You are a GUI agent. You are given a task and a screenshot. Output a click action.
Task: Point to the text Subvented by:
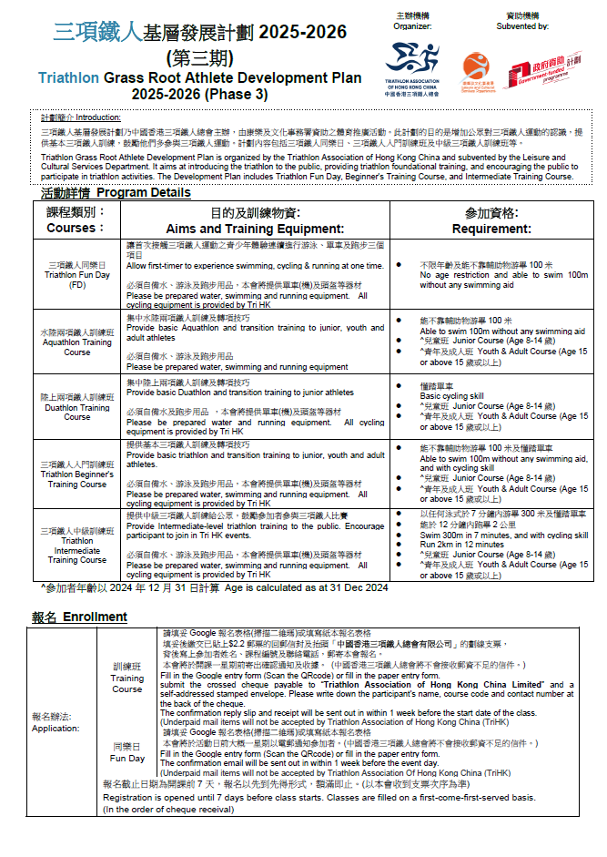coord(522,26)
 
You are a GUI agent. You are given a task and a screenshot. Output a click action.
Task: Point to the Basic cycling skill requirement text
coord(451,396)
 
